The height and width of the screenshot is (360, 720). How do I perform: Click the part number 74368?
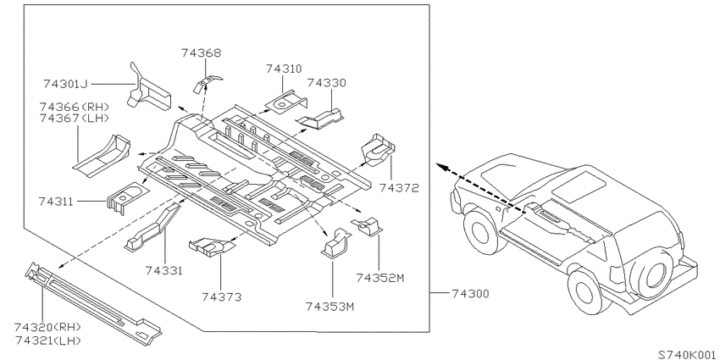201,53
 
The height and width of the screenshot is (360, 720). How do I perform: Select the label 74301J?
66,84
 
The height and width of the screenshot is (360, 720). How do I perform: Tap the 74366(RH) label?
75,107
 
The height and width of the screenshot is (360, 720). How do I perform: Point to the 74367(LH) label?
75,119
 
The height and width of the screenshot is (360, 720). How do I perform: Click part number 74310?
284,69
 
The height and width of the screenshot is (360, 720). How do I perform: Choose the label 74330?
326,83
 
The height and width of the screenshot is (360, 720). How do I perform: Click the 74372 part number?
399,188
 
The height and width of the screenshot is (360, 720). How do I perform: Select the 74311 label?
56,202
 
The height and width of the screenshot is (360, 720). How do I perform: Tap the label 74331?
164,271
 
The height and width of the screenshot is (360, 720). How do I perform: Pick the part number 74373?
221,297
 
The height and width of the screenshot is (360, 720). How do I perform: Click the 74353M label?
330,307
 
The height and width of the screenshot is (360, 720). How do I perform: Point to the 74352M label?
379,278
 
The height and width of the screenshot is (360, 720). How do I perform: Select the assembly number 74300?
470,293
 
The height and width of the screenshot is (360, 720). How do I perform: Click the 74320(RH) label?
47,328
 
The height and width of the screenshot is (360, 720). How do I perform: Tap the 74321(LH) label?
47,341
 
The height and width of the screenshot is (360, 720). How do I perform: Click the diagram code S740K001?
689,354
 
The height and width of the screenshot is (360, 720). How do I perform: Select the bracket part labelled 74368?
206,83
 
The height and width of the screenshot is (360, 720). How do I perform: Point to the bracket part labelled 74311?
125,197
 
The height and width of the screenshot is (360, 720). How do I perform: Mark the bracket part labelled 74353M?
335,242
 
